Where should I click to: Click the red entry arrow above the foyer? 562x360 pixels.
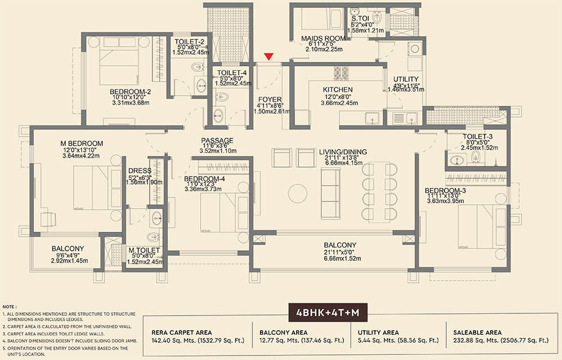pos(269,56)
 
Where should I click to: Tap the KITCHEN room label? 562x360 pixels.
pos(338,90)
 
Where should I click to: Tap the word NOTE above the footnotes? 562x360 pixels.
pos(10,304)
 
